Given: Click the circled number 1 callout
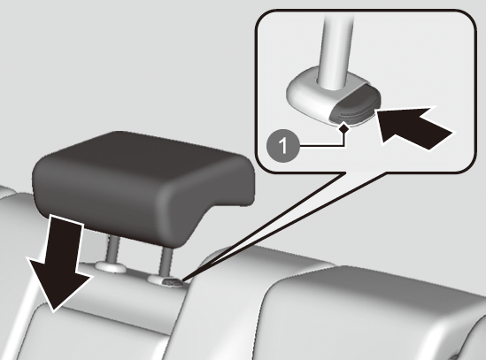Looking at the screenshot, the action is tap(283, 146).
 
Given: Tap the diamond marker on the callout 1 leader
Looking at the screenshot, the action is tap(343, 128).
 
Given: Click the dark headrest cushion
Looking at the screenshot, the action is tap(143, 186).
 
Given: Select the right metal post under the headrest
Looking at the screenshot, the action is tap(166, 261).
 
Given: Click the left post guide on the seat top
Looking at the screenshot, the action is tap(111, 267).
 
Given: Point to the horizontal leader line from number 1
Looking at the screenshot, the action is tap(320, 145).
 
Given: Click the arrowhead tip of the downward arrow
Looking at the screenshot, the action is tap(53, 311).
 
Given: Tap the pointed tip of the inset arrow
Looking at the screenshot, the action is tap(377, 111).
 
